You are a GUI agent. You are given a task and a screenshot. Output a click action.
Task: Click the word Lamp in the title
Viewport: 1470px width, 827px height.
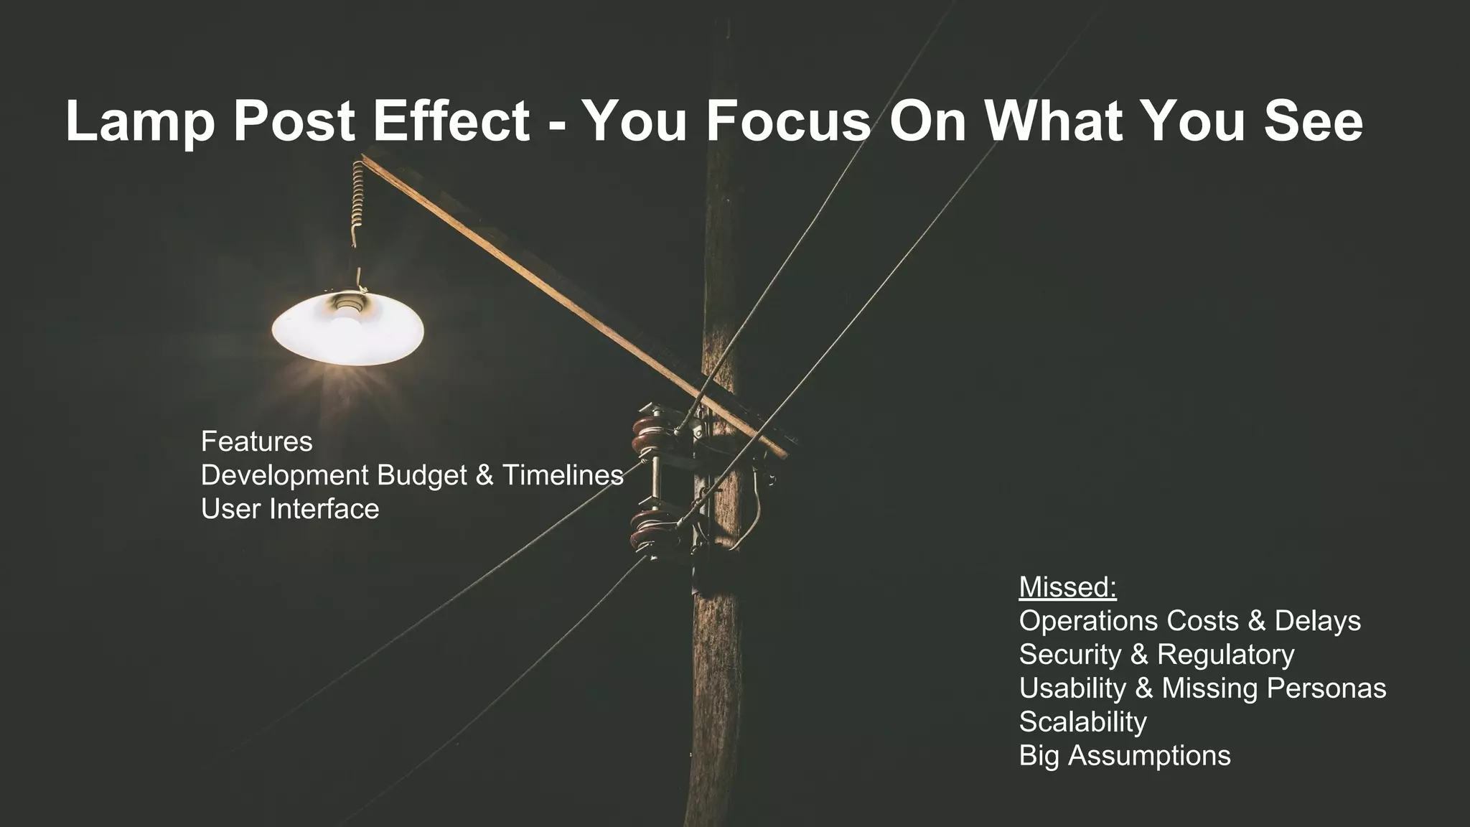point(140,122)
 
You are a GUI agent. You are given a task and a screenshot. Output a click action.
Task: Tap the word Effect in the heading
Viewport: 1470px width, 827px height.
point(451,121)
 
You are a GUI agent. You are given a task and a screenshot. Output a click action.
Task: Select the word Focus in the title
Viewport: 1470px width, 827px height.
point(788,121)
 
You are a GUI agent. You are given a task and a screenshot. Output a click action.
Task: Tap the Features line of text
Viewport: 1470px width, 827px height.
point(256,441)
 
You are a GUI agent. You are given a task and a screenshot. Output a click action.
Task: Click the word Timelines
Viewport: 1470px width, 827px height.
point(562,475)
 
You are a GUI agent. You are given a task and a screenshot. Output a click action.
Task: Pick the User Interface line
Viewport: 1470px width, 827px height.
point(290,509)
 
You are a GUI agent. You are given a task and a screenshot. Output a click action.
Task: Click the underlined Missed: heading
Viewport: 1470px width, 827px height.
point(1067,587)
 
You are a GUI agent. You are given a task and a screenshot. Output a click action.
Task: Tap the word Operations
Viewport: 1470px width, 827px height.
point(1088,621)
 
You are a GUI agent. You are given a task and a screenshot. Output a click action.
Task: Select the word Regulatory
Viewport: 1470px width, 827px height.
point(1226,655)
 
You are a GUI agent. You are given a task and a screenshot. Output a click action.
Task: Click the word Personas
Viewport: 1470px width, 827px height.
point(1326,688)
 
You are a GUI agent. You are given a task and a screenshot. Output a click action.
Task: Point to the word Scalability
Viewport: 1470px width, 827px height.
point(1082,722)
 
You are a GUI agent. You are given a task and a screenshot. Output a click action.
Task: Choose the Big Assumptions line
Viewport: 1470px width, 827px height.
point(1124,756)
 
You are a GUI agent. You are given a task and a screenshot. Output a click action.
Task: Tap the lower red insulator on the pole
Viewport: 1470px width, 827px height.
point(648,531)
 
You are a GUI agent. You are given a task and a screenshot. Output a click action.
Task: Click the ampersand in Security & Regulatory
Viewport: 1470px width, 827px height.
point(1139,655)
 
